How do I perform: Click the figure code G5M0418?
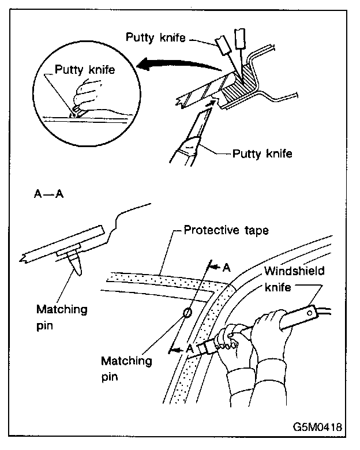coord(316,428)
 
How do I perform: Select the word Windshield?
coord(294,271)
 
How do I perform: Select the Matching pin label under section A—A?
coord(61,316)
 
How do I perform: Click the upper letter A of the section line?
coord(227,268)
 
